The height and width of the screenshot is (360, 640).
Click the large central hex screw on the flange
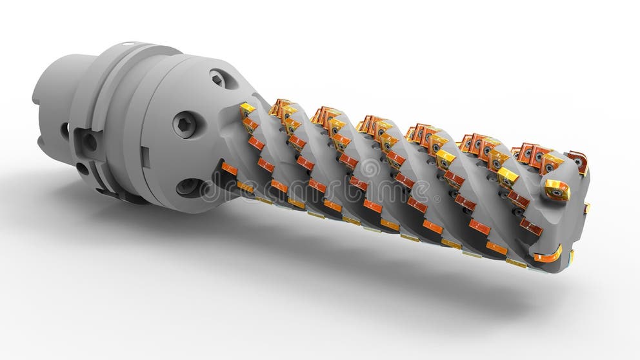coord(184,124)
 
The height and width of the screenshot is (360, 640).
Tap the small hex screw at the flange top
coord(219,79)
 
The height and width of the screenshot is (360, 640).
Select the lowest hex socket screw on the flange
coord(188,186)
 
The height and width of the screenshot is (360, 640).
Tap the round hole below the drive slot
coord(83,169)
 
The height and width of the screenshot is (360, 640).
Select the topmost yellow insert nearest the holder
coord(248,108)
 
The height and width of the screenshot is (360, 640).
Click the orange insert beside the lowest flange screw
coord(230,169)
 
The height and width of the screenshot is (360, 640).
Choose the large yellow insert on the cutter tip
coord(555,189)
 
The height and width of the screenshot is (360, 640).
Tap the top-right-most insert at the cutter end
coord(577,161)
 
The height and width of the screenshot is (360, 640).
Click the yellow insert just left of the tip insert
coord(508,176)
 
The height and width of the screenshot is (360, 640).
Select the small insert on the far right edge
coord(586,208)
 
